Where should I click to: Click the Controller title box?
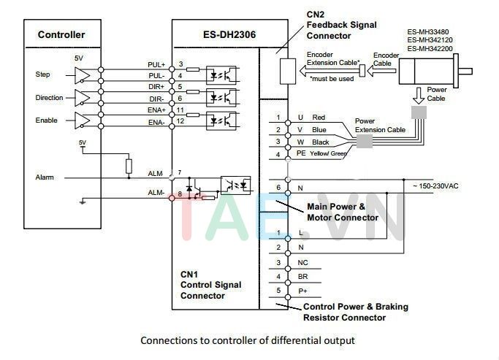point(61,34)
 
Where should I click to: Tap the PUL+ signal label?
point(156,65)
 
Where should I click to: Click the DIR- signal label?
point(156,98)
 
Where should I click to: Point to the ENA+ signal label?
point(156,110)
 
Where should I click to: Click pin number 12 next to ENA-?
point(180,121)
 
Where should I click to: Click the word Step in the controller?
point(42,74)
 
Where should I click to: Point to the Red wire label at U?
point(319,118)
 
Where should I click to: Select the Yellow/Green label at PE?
point(327,154)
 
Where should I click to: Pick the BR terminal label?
point(301,276)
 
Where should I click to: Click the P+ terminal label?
point(301,291)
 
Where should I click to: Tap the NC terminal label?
point(302,262)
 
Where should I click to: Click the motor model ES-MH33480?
point(430,32)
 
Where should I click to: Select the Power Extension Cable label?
point(380,126)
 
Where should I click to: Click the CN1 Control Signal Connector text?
point(210,285)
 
